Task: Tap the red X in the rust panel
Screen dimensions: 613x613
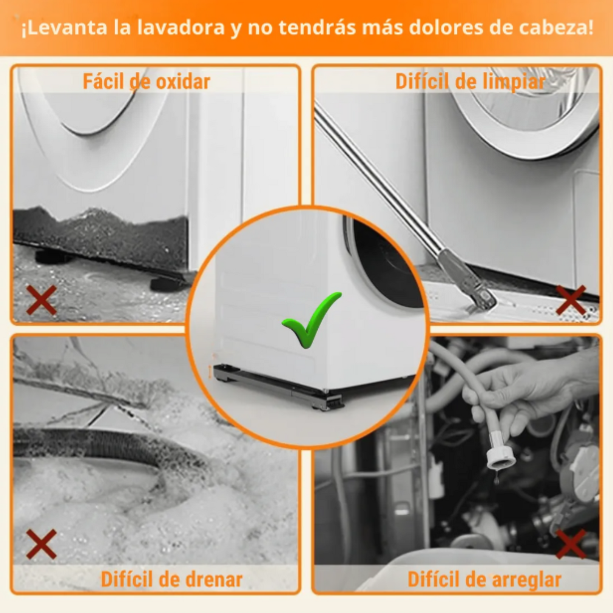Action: click(x=42, y=300)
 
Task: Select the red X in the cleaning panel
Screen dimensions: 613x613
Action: click(x=571, y=300)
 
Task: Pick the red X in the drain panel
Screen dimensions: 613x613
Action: click(x=42, y=544)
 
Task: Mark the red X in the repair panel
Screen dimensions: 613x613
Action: click(x=571, y=544)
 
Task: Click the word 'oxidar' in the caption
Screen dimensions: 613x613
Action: click(x=183, y=81)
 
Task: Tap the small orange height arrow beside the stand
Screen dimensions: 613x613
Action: click(x=210, y=372)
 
